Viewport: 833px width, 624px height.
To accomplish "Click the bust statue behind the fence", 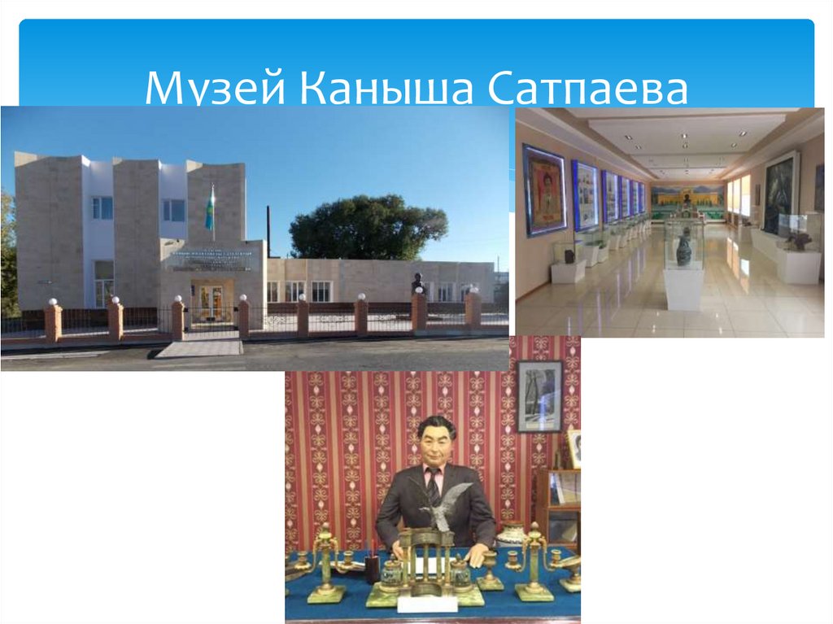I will click(x=418, y=282).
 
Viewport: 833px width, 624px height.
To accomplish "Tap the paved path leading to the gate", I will click(x=199, y=348).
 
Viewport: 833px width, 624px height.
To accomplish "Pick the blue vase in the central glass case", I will click(x=683, y=250).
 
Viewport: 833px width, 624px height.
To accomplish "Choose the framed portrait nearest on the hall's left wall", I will click(x=544, y=190).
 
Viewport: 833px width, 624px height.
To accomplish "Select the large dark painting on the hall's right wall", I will click(x=779, y=194).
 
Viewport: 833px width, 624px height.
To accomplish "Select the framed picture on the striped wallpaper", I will click(x=539, y=395).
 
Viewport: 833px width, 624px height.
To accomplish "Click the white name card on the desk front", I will click(x=427, y=603).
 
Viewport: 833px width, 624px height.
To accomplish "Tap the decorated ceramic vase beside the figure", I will click(x=511, y=534).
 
